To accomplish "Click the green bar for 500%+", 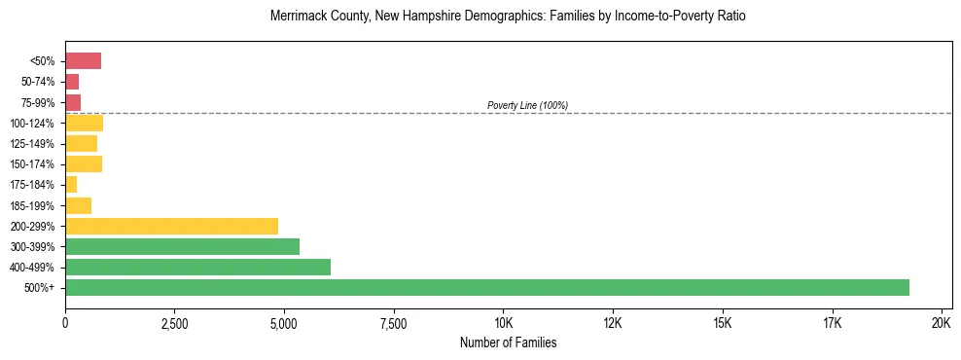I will point(486,287).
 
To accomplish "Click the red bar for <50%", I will point(83,61).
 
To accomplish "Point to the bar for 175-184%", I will point(71,185).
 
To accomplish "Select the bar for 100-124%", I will point(84,123).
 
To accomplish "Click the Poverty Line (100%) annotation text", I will point(527,105).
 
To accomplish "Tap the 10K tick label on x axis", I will point(504,323).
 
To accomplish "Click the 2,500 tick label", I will point(174,323).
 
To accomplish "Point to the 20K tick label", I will point(942,323).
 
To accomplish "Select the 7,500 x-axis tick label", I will point(393,323).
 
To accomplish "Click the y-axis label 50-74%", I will point(39,82).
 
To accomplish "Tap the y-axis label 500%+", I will point(41,288).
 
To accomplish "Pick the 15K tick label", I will point(723,323).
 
